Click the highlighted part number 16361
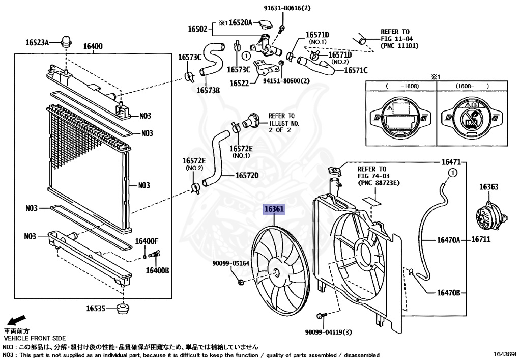coord(274,209)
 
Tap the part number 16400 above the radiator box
coord(93,46)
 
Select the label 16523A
coord(37,42)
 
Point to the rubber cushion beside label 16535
coord(123,309)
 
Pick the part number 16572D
coord(247,175)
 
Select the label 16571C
coord(356,70)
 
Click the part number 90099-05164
coord(231,263)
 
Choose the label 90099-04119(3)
coord(328,332)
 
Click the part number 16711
coord(481,239)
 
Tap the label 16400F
coord(147,241)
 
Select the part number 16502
coord(198,29)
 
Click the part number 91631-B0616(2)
coord(287,8)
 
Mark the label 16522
coord(239,83)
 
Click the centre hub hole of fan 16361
coord(276,272)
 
